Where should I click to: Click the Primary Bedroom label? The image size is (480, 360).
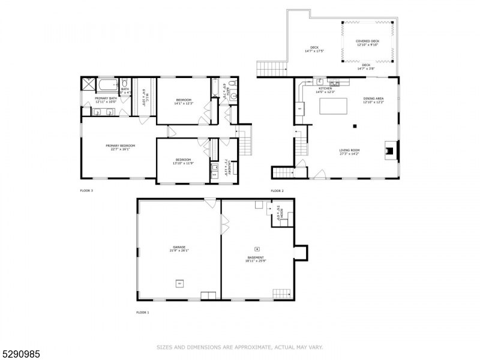pyautogui.click(x=120, y=147)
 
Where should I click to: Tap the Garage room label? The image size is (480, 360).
pyautogui.click(x=179, y=249)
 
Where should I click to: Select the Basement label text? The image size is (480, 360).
pyautogui.click(x=256, y=259)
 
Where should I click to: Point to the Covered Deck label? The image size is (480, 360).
pyautogui.click(x=367, y=43)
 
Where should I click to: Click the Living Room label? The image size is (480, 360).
pyautogui.click(x=349, y=152)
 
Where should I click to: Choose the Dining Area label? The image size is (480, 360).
pyautogui.click(x=373, y=100)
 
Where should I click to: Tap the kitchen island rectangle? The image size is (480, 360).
pyautogui.click(x=333, y=107)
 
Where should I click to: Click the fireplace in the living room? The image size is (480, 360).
pyautogui.click(x=391, y=151)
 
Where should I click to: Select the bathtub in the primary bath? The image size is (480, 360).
pyautogui.click(x=108, y=84)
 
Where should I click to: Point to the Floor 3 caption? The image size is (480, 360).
pyautogui.click(x=86, y=191)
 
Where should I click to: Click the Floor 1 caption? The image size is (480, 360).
pyautogui.click(x=143, y=313)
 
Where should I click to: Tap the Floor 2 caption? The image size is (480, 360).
pyautogui.click(x=277, y=191)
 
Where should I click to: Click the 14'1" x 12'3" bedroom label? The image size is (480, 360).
pyautogui.click(x=184, y=101)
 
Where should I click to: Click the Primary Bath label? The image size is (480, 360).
pyautogui.click(x=106, y=100)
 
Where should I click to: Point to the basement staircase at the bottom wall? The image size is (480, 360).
pyautogui.click(x=281, y=293)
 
